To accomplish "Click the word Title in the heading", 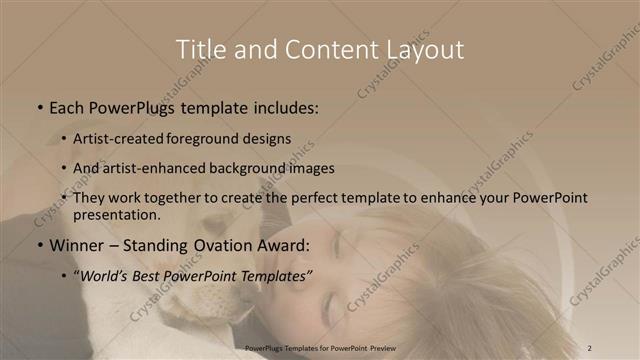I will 199,49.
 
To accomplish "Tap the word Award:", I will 284,246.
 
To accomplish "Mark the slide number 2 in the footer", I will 590,347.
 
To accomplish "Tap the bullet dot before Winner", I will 39,246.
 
